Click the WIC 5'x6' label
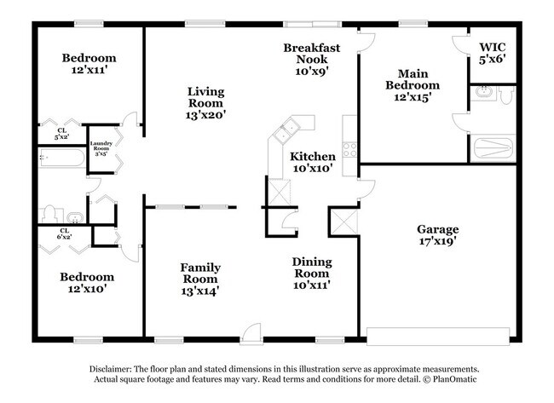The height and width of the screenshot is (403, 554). coord(493,53)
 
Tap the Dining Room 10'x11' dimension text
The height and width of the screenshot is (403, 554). coord(312,285)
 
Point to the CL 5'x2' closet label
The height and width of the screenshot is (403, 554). coord(61,132)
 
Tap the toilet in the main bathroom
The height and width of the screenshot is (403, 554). coord(505,96)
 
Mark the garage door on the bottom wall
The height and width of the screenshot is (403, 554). coord(440,334)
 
